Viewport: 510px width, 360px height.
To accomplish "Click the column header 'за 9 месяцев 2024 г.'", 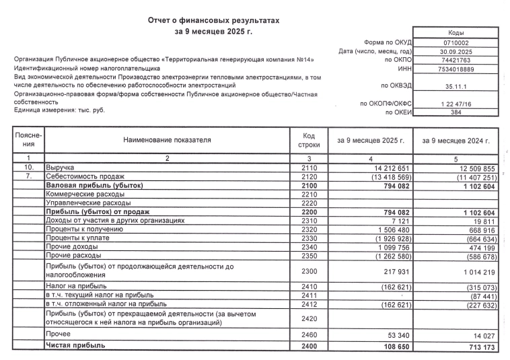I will pyautogui.click(x=456, y=140).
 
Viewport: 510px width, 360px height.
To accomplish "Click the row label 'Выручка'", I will pyautogui.click(x=60, y=166).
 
